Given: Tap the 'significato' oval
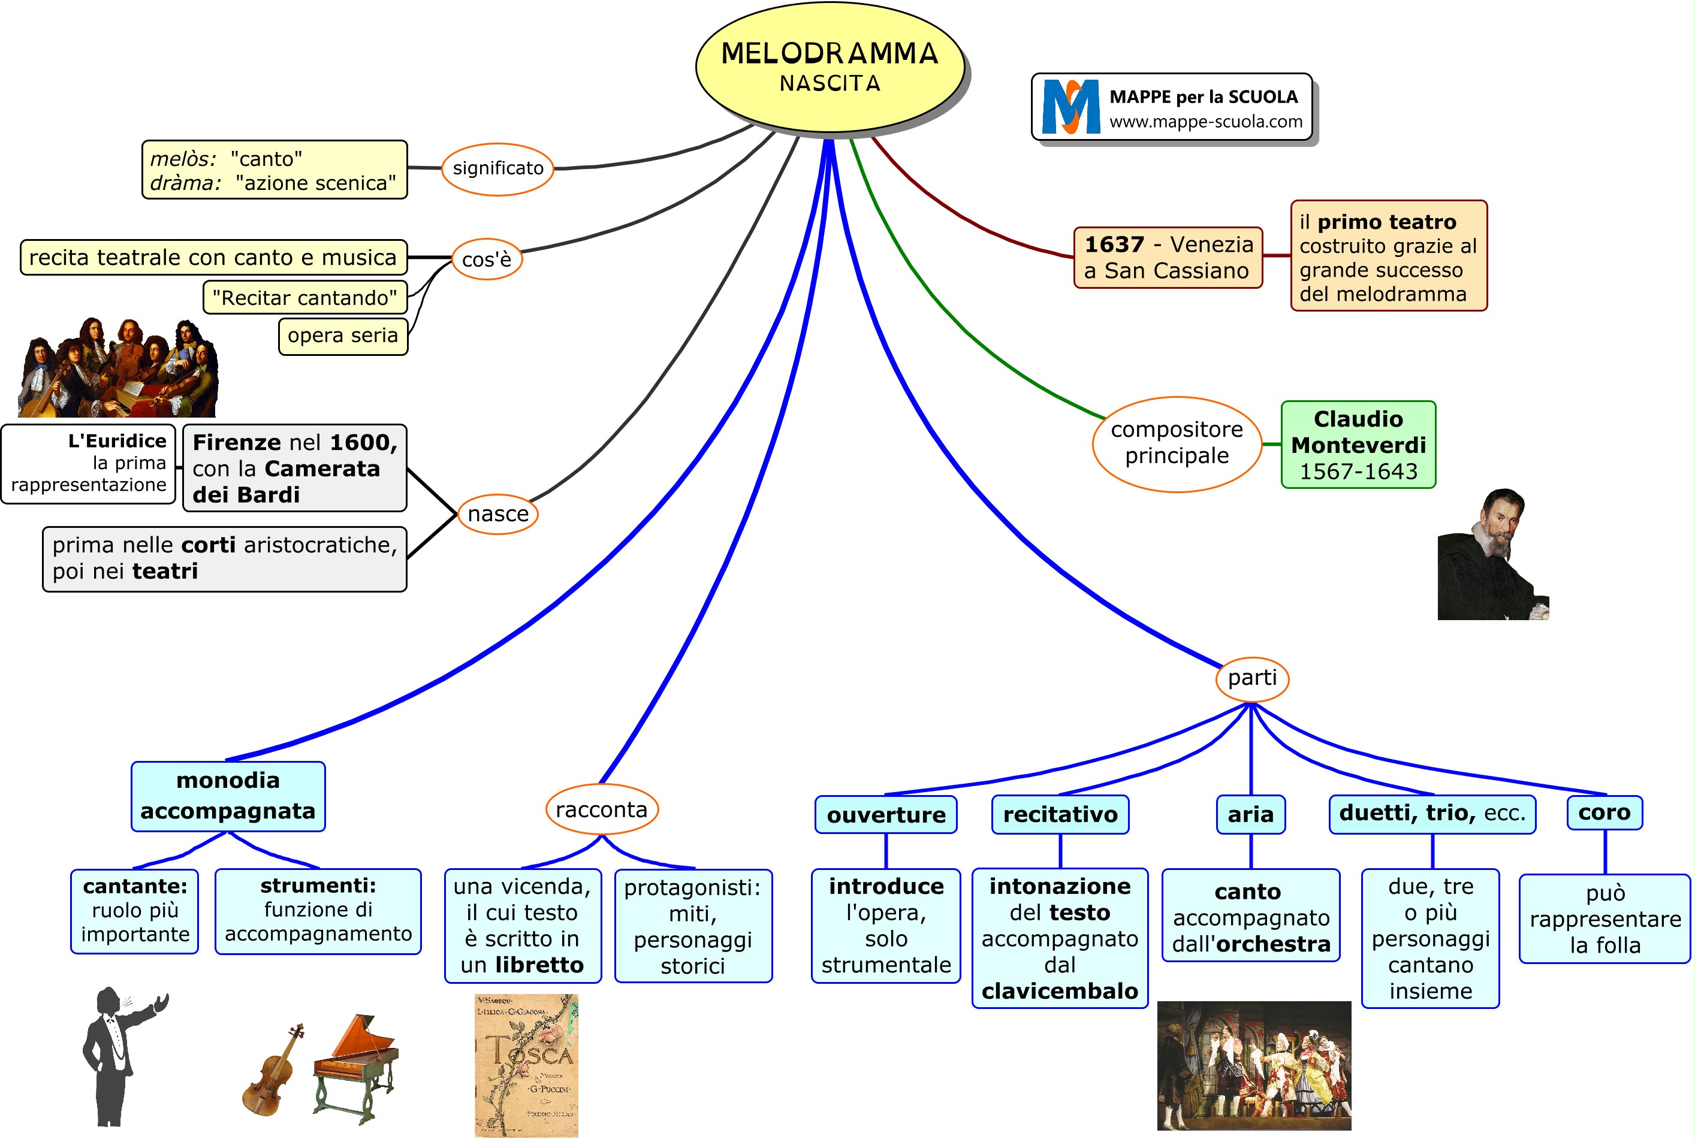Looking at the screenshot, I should pos(497,169).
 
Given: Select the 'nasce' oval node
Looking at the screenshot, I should pos(497,514).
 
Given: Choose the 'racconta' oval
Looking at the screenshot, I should pos(601,810).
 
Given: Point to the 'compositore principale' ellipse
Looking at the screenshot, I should pos(1177,443).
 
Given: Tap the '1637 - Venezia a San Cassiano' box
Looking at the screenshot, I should pos(1168,257).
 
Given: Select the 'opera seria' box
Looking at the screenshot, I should pos(342,336).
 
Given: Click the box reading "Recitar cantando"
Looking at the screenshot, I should pos(304,298).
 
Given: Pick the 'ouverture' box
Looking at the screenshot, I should pos(886,814).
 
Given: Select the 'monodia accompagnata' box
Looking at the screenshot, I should pos(228,796).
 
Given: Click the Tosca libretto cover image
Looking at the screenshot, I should pos(526,1065).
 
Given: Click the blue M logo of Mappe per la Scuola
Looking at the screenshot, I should pos(1070,107).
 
